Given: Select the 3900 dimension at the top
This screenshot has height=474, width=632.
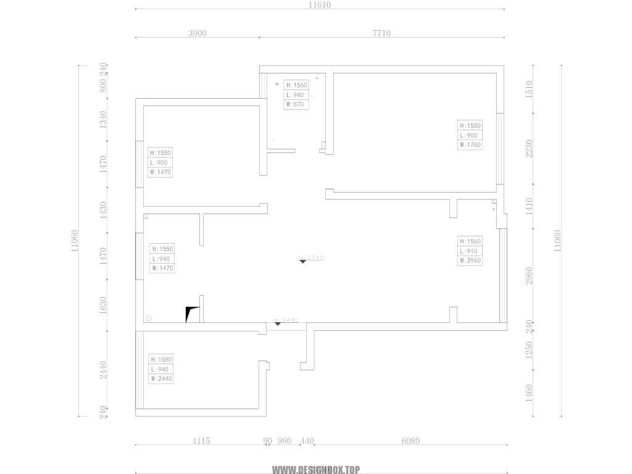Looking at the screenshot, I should click(x=197, y=33).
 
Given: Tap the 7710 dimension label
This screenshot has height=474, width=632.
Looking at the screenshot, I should click(x=381, y=33).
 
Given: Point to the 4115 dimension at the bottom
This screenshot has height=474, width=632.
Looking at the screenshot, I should click(x=201, y=441).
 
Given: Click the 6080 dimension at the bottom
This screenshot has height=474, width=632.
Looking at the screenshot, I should click(x=410, y=441).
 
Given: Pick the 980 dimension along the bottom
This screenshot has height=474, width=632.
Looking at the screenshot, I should click(x=285, y=441).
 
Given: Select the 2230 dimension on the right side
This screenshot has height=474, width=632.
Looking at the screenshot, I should click(x=528, y=149).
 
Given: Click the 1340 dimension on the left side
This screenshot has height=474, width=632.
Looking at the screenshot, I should click(x=104, y=119).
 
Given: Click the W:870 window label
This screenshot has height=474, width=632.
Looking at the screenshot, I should click(x=296, y=105).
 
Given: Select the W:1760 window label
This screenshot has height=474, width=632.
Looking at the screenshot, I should click(x=470, y=145).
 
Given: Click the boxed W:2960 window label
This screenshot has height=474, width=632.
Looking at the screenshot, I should click(x=470, y=261).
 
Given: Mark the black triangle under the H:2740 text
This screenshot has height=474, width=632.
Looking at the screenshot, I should click(x=303, y=262).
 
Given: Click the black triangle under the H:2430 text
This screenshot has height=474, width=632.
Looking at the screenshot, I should click(x=278, y=324).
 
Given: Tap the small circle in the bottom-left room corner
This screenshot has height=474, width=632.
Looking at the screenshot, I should click(x=148, y=318).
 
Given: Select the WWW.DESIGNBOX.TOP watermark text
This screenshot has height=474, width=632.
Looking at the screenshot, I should click(x=315, y=470).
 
